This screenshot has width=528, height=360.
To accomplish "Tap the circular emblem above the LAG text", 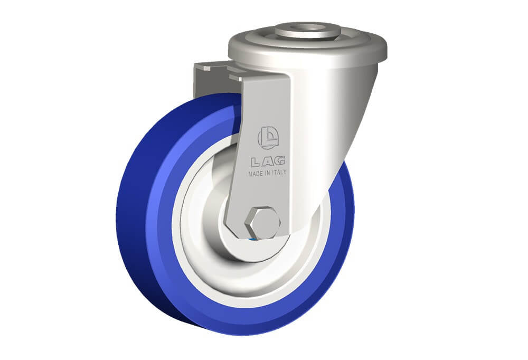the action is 268,137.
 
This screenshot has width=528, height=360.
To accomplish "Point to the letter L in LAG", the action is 256,163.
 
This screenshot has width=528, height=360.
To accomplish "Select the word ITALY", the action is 279,172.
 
